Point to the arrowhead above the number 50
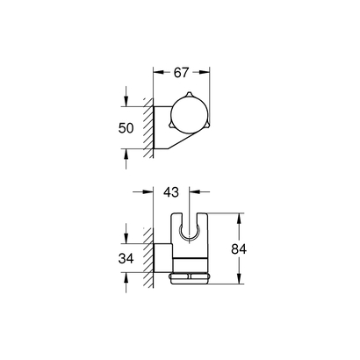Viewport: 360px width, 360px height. (129, 101)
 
